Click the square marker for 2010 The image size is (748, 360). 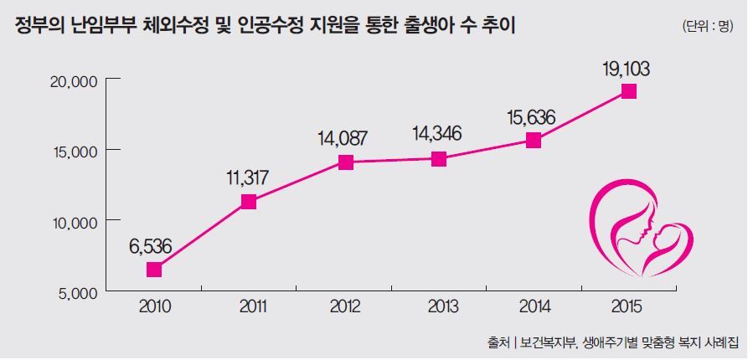click(x=153, y=270)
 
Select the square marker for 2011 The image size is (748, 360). click(x=249, y=201)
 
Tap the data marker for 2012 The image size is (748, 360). click(x=344, y=162)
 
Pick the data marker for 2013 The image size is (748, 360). click(x=439, y=159)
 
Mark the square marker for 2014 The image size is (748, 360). click(x=534, y=141)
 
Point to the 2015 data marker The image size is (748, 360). click(x=629, y=91)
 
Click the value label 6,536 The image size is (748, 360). click(x=153, y=247)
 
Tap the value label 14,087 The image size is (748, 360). click(x=344, y=138)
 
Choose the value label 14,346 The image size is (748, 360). click(x=439, y=133)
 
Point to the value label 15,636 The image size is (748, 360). click(x=534, y=116)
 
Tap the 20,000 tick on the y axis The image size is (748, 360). click(x=75, y=80)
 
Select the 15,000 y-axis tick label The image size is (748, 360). click(x=75, y=151)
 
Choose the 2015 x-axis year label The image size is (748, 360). click(x=629, y=306)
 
